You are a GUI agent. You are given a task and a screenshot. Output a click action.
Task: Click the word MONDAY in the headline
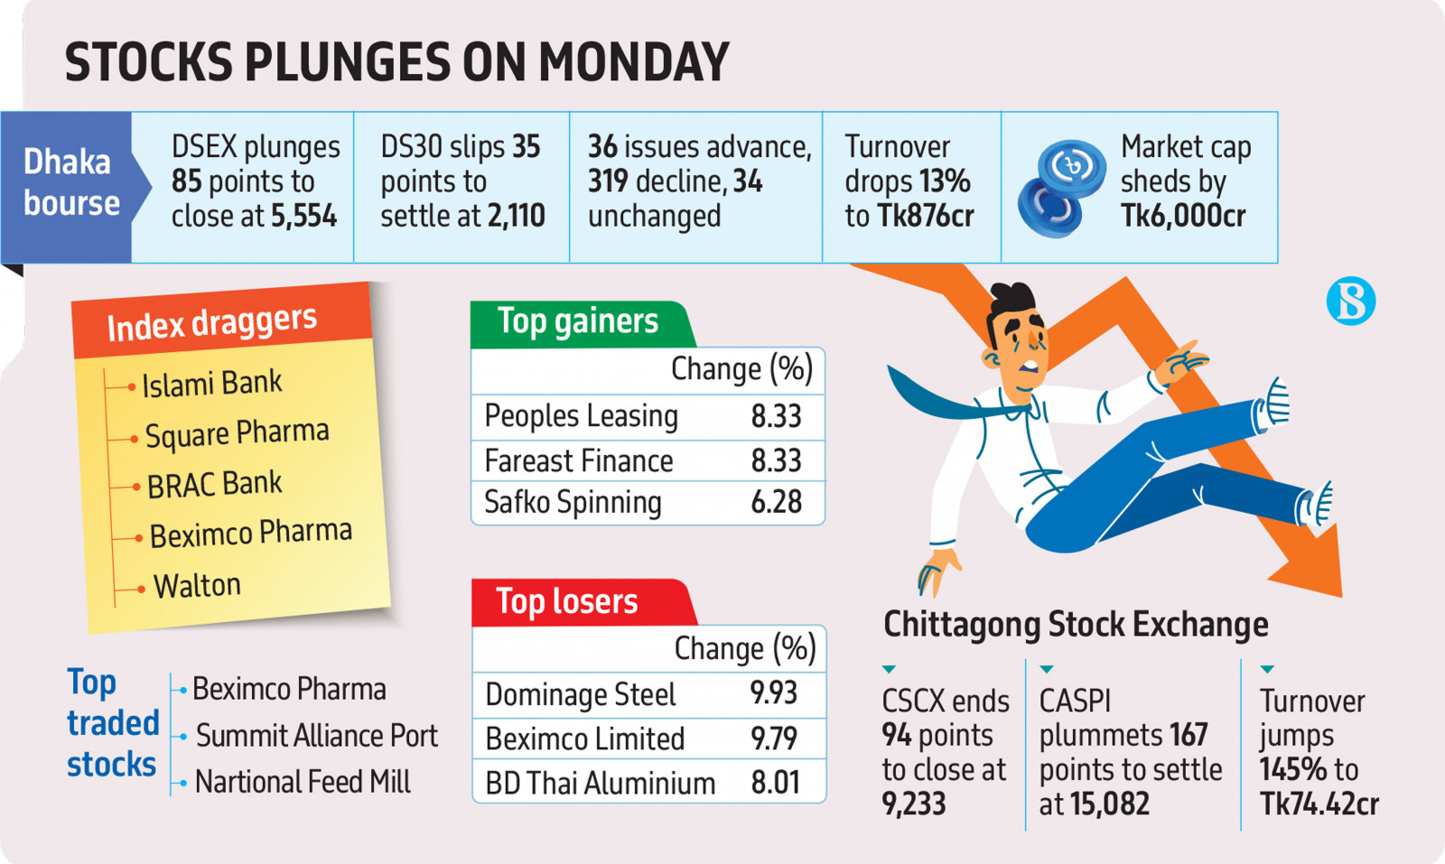click(x=633, y=62)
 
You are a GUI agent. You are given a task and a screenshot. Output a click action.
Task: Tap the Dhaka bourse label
click(x=71, y=181)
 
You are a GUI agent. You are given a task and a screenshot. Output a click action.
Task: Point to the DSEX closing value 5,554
click(x=303, y=216)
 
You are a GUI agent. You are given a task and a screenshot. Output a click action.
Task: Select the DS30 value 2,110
click(x=516, y=216)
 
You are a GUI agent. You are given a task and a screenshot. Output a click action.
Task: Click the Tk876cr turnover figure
click(x=926, y=216)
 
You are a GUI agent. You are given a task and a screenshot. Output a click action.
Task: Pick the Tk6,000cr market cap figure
click(x=1183, y=216)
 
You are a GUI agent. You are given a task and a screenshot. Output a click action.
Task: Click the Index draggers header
click(x=211, y=324)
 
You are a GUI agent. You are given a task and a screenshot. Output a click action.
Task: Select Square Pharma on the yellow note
click(x=238, y=433)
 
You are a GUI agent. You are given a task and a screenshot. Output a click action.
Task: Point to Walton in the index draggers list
click(x=197, y=586)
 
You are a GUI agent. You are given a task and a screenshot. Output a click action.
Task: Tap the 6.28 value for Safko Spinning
click(x=776, y=502)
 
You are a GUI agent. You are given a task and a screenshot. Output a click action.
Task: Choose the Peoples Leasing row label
click(x=582, y=416)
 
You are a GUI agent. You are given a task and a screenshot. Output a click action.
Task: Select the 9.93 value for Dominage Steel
click(x=773, y=693)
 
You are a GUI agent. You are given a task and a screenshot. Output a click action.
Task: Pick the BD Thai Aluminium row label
click(x=600, y=784)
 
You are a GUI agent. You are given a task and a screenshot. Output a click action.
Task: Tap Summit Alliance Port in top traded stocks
click(x=317, y=736)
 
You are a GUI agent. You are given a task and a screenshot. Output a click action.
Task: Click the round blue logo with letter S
click(x=1351, y=301)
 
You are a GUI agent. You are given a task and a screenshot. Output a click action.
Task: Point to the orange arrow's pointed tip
click(x=1340, y=597)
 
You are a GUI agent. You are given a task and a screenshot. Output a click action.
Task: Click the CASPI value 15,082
click(x=1110, y=804)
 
